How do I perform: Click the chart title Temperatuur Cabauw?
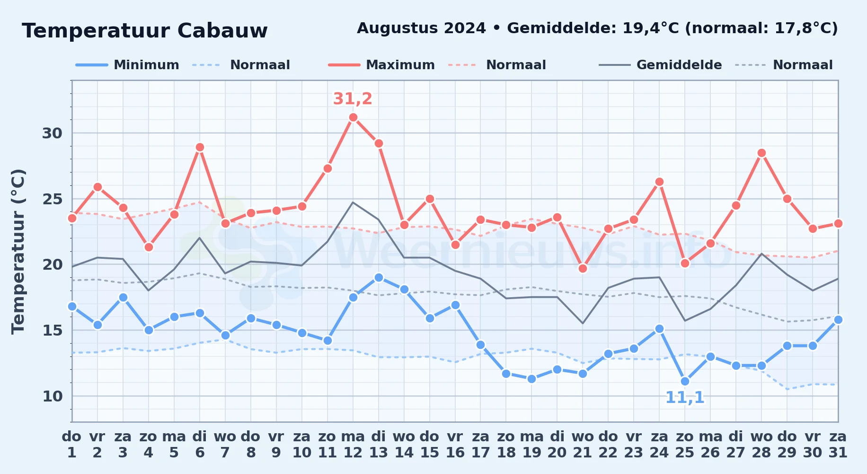pyautogui.click(x=145, y=31)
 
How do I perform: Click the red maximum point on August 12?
pyautogui.click(x=353, y=118)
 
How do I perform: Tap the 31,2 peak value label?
pyautogui.click(x=353, y=99)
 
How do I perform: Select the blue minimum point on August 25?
pyautogui.click(x=685, y=381)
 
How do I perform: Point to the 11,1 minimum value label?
pyautogui.click(x=685, y=398)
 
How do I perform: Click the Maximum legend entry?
pyautogui.click(x=381, y=65)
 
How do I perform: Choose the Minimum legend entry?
pyautogui.click(x=127, y=65)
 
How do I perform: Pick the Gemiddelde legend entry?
pyautogui.click(x=660, y=65)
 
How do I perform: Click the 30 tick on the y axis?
pyautogui.click(x=52, y=133)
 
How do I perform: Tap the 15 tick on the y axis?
pyautogui.click(x=52, y=330)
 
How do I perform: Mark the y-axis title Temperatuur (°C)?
pyautogui.click(x=18, y=251)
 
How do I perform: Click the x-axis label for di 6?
pyautogui.click(x=200, y=445)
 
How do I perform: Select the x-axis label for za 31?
pyautogui.click(x=838, y=445)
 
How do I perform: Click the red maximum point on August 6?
pyautogui.click(x=200, y=147)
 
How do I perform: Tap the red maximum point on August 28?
pyautogui.click(x=761, y=153)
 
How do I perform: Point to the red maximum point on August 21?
pyautogui.click(x=583, y=268)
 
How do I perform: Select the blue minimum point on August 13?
pyautogui.click(x=379, y=277)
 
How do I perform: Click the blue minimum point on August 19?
pyautogui.click(x=531, y=379)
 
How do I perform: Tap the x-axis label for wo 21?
pyautogui.click(x=583, y=445)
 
